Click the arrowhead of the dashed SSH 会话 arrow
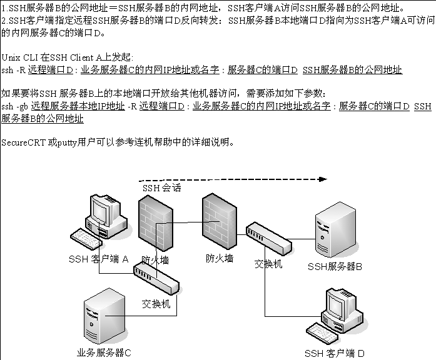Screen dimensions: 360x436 coord(322,179)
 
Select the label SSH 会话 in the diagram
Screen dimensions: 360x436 coord(161,187)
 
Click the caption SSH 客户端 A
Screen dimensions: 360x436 coord(99,259)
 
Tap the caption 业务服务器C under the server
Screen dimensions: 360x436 coord(103,352)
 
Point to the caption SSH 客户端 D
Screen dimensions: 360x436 coord(334,353)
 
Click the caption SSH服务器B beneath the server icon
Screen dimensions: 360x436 coord(335,266)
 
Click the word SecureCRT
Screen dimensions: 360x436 coord(23,142)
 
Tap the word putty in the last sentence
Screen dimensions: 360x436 coord(67,142)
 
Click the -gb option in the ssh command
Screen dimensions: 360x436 coord(22,106)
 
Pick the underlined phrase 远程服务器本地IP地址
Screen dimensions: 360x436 coord(78,106)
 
